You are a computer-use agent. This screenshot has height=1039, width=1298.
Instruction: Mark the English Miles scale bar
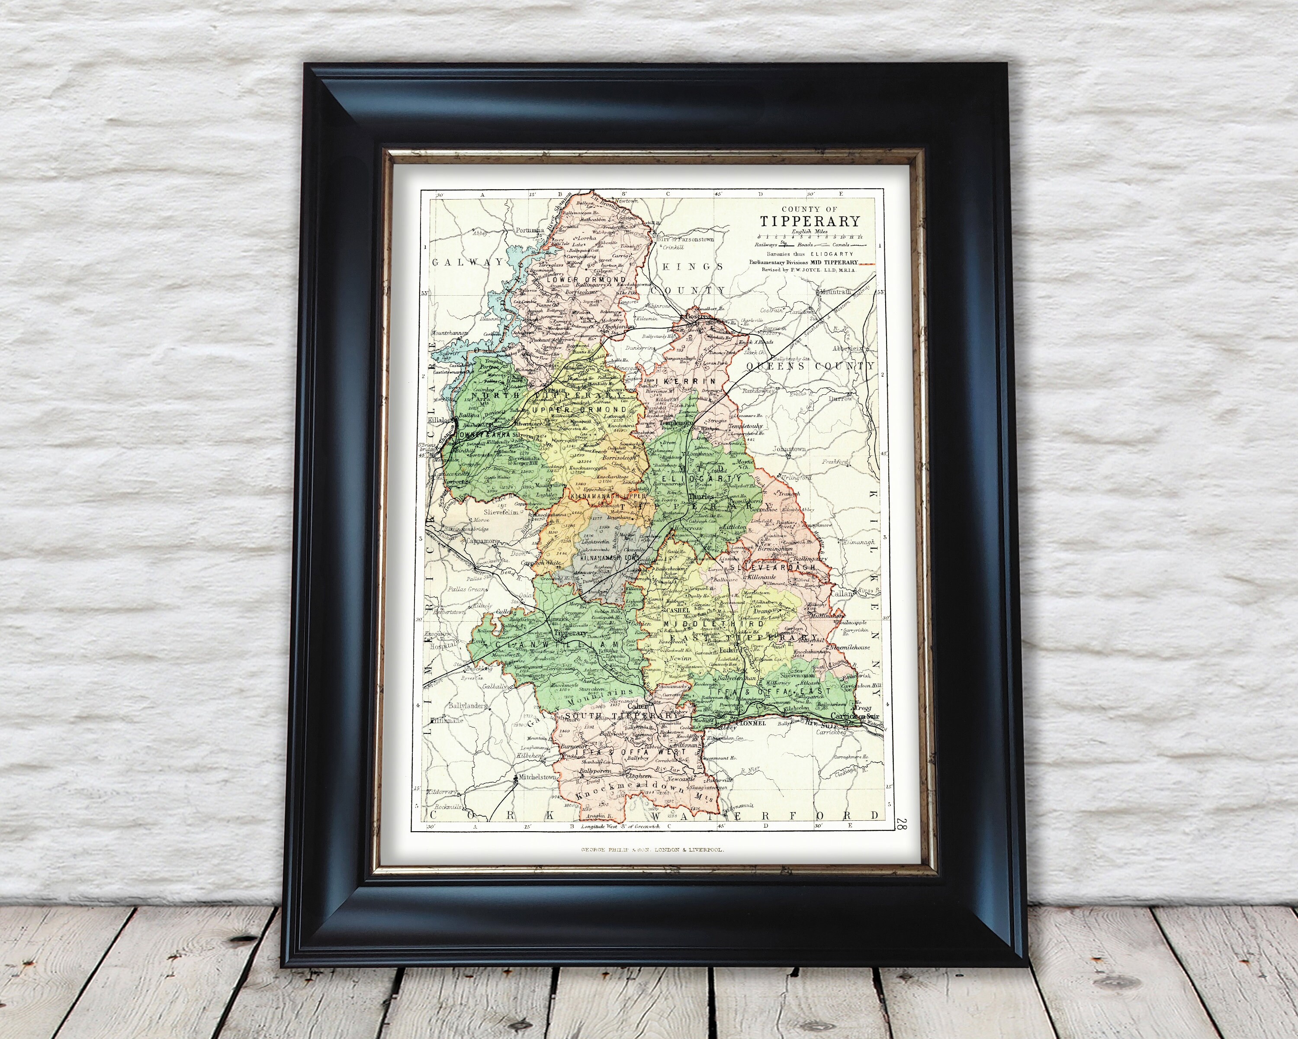810,237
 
